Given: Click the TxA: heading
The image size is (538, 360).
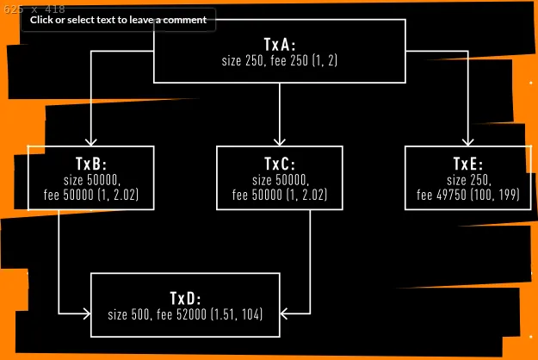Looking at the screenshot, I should click(279, 44).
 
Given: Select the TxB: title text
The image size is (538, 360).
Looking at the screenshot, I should click(90, 164).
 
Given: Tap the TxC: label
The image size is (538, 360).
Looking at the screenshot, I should click(279, 164).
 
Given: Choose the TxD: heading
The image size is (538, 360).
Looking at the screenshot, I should click(185, 298).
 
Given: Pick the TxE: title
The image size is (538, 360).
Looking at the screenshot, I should click(468, 164).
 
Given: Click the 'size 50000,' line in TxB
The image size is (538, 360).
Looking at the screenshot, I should click(90, 180).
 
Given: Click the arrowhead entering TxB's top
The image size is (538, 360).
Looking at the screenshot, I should click(90, 141).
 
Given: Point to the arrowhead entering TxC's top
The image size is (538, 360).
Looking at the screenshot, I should click(279, 141).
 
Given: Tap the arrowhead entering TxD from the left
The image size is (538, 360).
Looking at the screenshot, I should click(85, 311).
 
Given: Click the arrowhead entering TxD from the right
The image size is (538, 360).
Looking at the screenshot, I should click(285, 311).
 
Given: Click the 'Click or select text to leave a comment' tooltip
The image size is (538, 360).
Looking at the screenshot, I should click(118, 20).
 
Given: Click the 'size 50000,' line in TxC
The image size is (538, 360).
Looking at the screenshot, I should click(279, 180).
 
